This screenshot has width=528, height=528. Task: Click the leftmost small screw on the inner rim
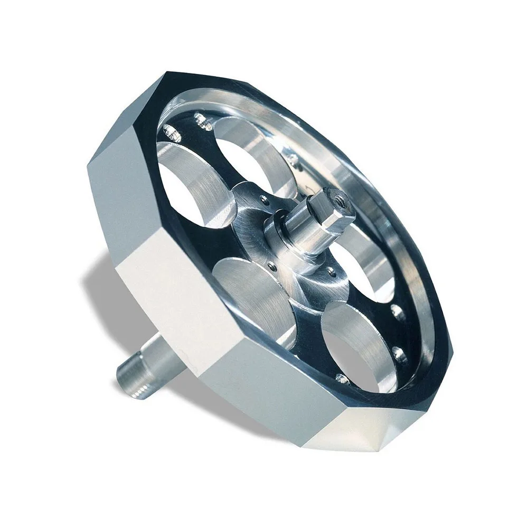coord(170,129)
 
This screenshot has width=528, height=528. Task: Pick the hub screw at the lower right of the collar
coord(331,272)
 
